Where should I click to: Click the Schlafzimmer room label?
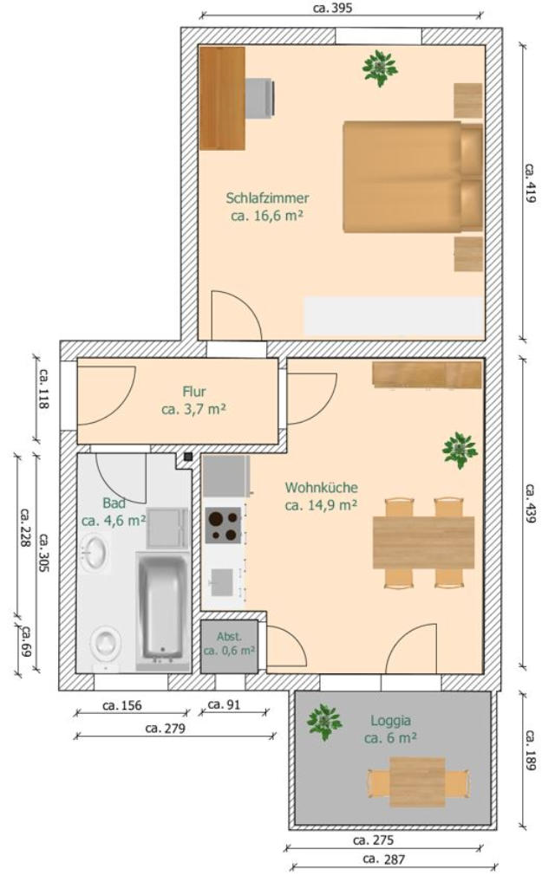[x=267, y=198]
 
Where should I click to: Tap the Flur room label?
[x=194, y=391]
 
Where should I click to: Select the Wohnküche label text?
[x=321, y=487]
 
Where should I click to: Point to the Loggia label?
[x=390, y=721]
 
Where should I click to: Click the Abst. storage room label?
[x=229, y=637]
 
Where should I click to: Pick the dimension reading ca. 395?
[x=333, y=8]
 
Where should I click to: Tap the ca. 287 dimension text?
[x=383, y=860]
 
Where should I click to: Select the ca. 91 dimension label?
[x=224, y=704]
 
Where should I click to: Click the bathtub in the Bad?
[x=163, y=608]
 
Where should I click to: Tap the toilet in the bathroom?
[x=106, y=647]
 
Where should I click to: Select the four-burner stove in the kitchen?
[x=223, y=525]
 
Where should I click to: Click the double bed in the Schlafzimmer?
[x=413, y=177]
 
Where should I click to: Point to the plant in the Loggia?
[x=323, y=722]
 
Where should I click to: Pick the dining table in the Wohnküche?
[x=423, y=542]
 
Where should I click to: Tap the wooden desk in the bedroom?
[x=222, y=98]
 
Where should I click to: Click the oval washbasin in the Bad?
[x=93, y=553]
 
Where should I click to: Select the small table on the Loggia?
[x=417, y=782]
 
